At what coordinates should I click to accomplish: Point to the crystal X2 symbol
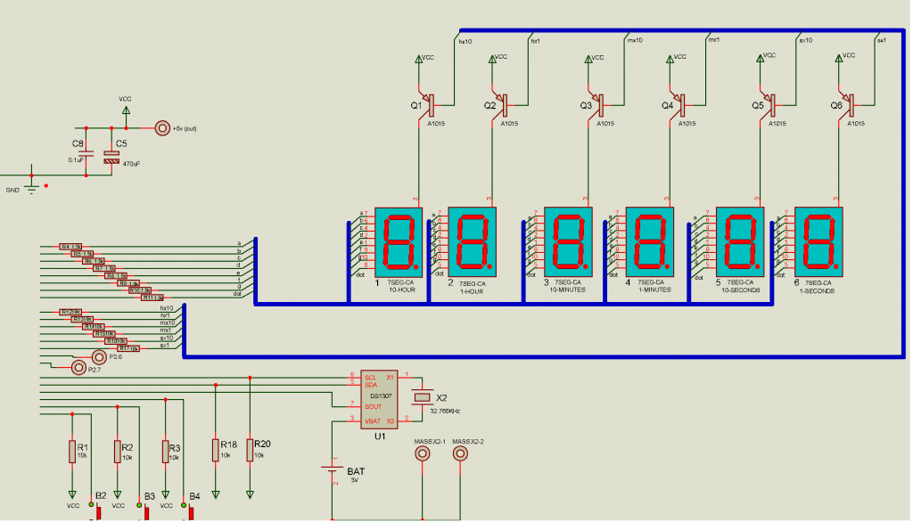424,397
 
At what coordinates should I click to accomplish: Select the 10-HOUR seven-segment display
398,241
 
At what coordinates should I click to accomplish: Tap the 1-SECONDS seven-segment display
818,241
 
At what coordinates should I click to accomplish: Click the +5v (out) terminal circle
162,128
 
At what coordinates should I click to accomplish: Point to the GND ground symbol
32,187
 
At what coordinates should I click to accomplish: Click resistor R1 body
72,452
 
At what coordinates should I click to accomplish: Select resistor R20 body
251,449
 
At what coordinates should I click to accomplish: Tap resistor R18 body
215,449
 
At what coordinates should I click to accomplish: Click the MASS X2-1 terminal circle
424,453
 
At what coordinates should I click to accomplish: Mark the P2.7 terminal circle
78,366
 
